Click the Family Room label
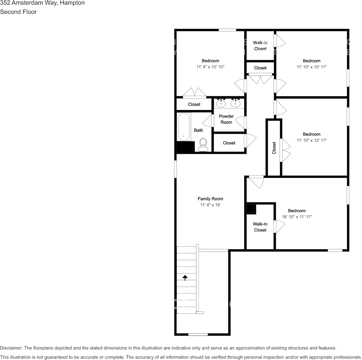pyautogui.click(x=210, y=199)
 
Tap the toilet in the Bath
pyautogui.click(x=203, y=144)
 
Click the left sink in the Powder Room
pyautogui.click(x=221, y=103)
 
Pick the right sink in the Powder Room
pyautogui.click(x=235, y=103)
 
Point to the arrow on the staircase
pyautogui.click(x=185, y=277)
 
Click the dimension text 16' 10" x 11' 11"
pyautogui.click(x=297, y=217)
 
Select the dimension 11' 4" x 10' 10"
pyautogui.click(x=210, y=67)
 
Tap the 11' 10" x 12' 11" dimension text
pyautogui.click(x=311, y=140)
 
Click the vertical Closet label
pyautogui.click(x=274, y=148)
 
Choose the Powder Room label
pyautogui.click(x=226, y=119)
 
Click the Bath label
pyautogui.click(x=199, y=130)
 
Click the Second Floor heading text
pyautogui.click(x=18, y=12)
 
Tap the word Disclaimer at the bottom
pyautogui.click(x=11, y=348)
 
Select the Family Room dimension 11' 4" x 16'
pyautogui.click(x=210, y=205)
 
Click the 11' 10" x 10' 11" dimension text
pyautogui.click(x=311, y=67)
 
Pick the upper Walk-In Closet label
pyautogui.click(x=260, y=46)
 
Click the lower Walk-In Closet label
pyautogui.click(x=260, y=227)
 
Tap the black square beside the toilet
pyautogui.click(x=186, y=147)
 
